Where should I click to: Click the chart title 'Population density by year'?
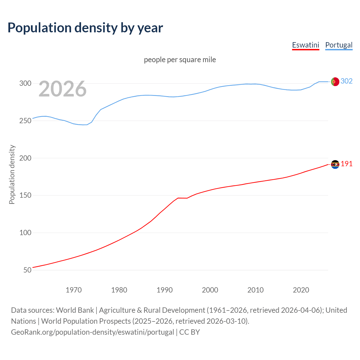(85, 28)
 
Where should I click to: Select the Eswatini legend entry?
(305, 45)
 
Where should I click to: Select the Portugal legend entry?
(339, 45)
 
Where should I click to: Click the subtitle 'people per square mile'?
(180, 60)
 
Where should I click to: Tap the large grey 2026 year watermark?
(62, 89)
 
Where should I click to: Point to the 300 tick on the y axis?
(25, 84)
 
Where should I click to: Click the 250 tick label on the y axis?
(25, 121)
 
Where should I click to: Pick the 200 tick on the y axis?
(25, 158)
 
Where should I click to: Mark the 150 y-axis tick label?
(25, 195)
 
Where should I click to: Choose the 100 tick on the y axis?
(25, 233)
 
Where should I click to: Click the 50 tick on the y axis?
(27, 270)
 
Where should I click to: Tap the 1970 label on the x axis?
(74, 290)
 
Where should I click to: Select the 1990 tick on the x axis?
(165, 290)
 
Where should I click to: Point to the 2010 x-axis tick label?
(255, 290)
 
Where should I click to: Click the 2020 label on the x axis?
(301, 290)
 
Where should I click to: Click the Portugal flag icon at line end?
(335, 82)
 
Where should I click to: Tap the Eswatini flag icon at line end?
(335, 164)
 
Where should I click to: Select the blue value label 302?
(346, 81)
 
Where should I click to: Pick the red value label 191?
(346, 164)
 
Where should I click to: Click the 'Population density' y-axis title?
(12, 174)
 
